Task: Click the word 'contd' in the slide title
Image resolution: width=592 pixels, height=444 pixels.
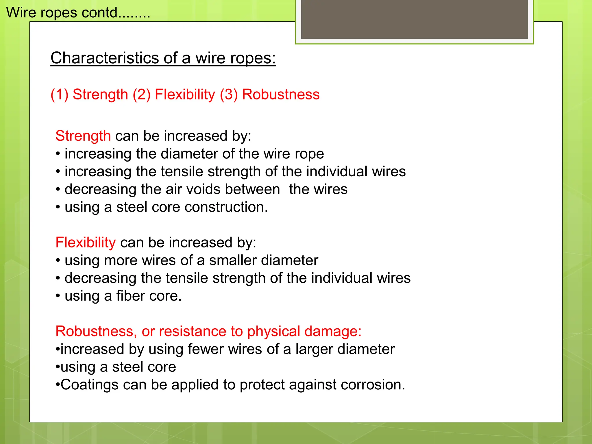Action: (100, 13)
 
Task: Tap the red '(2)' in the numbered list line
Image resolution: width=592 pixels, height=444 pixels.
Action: (142, 95)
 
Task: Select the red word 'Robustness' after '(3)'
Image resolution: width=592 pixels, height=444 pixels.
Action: (281, 95)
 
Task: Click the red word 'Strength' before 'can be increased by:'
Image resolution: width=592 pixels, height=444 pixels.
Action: (83, 136)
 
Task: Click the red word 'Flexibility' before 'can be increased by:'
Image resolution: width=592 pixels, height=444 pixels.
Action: (86, 243)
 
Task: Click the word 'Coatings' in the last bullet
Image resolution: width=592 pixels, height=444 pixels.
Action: (89, 385)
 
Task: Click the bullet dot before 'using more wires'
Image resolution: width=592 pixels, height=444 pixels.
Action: (58, 261)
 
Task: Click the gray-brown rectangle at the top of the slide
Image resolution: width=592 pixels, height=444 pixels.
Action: (414, 19)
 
